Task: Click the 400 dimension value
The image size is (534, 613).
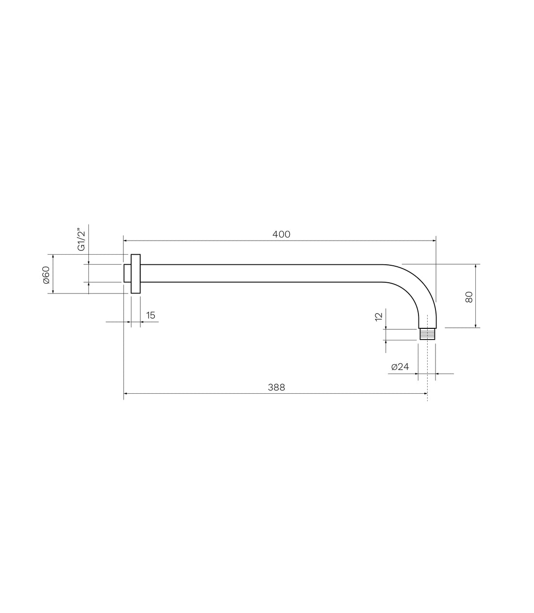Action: (281, 234)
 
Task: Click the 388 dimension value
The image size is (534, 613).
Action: (276, 387)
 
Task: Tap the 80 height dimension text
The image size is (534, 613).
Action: (469, 296)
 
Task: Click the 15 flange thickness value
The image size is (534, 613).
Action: (150, 315)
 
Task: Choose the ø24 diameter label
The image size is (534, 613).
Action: (400, 367)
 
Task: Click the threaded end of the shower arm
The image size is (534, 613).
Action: (427, 334)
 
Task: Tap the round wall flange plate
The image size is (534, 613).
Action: (135, 274)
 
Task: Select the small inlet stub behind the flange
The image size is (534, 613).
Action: (127, 273)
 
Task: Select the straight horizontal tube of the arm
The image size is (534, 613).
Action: (262, 273)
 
